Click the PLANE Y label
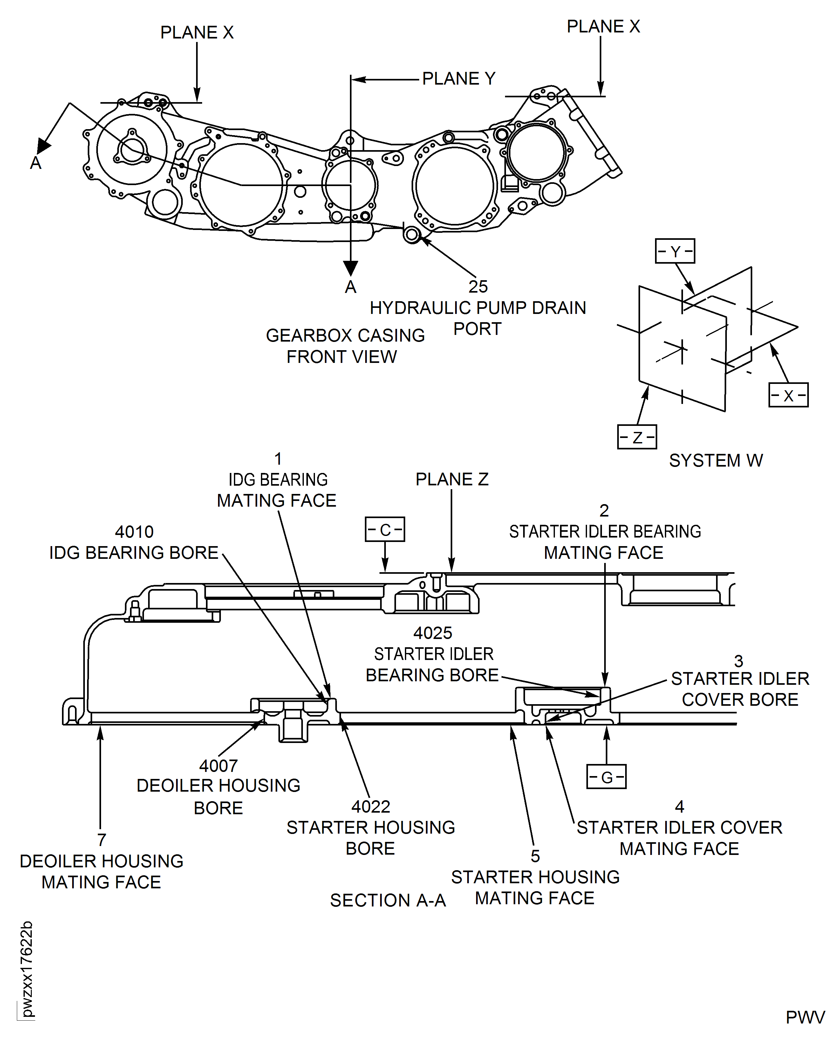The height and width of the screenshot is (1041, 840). (458, 79)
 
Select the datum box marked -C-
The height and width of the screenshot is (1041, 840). (385, 529)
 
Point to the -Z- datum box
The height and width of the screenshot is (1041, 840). (637, 437)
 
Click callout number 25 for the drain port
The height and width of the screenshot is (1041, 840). (478, 287)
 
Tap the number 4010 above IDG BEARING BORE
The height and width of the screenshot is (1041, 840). (134, 532)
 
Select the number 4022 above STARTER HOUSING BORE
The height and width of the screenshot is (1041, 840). (371, 807)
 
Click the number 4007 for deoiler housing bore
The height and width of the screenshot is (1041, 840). (218, 766)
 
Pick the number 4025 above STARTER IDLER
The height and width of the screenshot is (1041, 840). (433, 633)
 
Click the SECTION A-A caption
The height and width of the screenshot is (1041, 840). (387, 901)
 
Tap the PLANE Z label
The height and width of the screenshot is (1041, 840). (452, 479)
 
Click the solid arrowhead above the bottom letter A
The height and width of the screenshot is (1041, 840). (350, 268)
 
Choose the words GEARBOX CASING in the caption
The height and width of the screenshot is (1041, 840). (345, 336)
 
